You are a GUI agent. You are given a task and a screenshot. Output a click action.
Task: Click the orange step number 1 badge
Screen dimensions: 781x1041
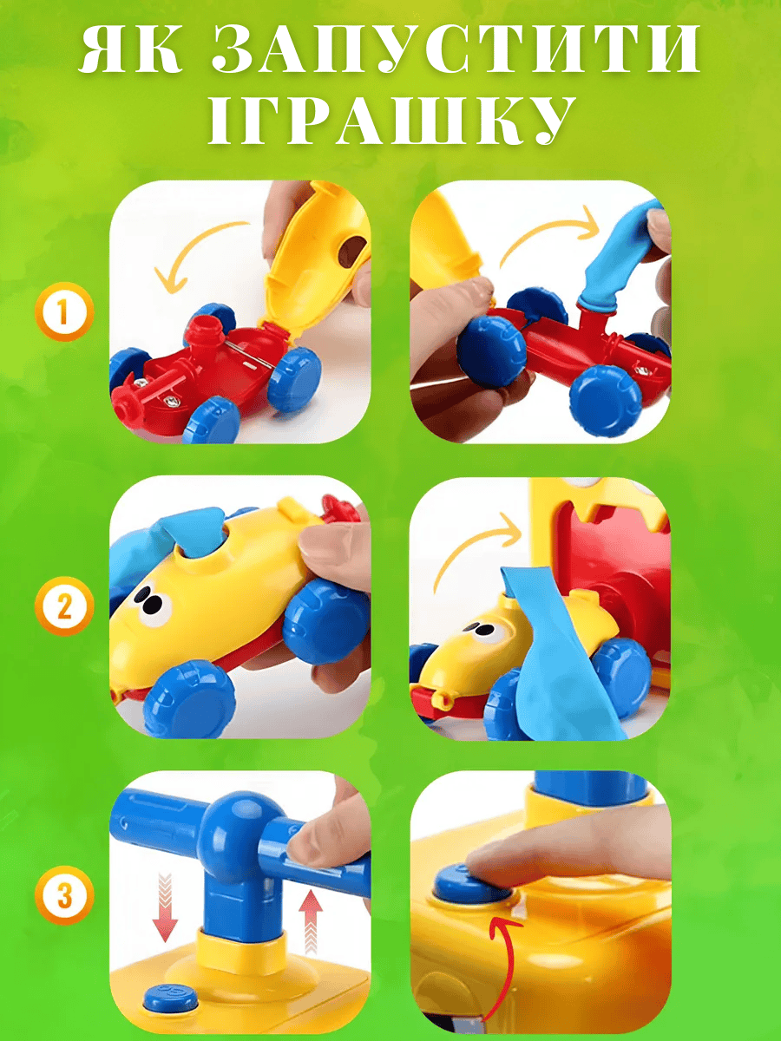point(64,311)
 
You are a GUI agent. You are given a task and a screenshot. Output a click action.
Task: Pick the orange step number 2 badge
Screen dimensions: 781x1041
point(64,606)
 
